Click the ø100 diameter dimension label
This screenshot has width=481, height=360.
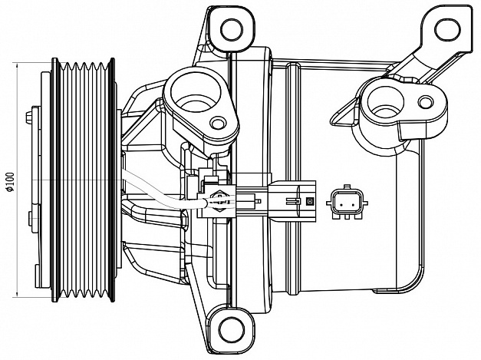pyautogui.click(x=10, y=182)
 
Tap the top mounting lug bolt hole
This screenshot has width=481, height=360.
pyautogui.click(x=232, y=30)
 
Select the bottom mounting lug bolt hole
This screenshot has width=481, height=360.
pyautogui.click(x=232, y=330)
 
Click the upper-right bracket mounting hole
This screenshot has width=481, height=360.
pyautogui.click(x=447, y=29)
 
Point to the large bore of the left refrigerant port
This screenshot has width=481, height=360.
pyautogui.click(x=196, y=91)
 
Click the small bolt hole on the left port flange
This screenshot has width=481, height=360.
pyautogui.click(x=218, y=124)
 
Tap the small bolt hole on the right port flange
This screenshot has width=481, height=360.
pyautogui.click(x=426, y=102)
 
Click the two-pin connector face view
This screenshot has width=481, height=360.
pyautogui.click(x=347, y=203)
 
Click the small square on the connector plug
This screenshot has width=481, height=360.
pyautogui.click(x=309, y=201)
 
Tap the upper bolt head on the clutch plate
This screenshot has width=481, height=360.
pyautogui.click(x=29, y=117)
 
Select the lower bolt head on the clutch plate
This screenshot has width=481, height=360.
pyautogui.click(x=31, y=218)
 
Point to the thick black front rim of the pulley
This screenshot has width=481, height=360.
pyautogui.click(x=54, y=180)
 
